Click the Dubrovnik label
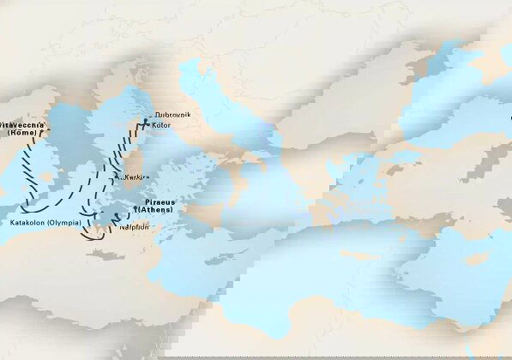coord(171,116)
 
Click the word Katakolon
coord(28,223)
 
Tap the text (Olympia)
coord(66,223)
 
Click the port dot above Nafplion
coord(115,220)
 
